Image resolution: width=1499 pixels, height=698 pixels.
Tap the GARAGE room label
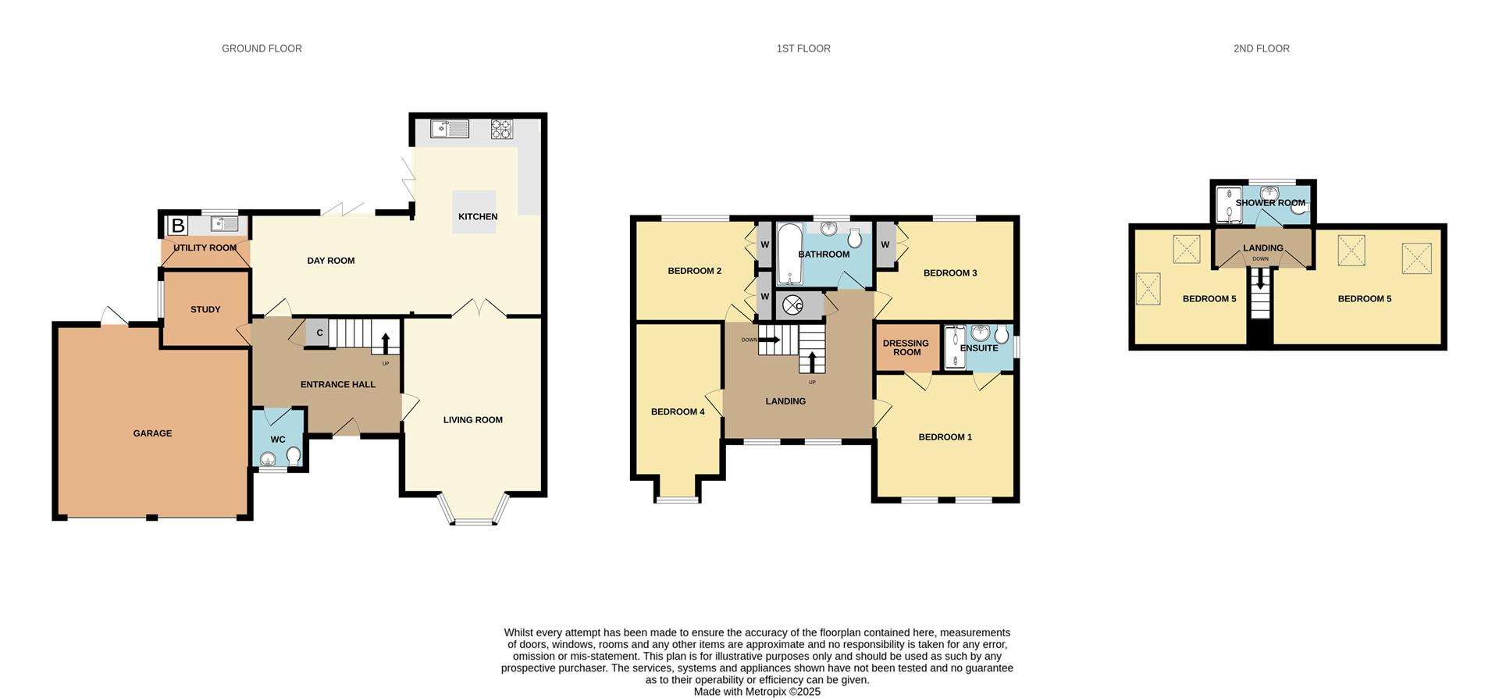(152, 433)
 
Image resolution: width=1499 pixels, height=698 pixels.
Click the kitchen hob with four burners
(501, 129)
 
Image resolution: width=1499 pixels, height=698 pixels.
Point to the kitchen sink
(450, 129)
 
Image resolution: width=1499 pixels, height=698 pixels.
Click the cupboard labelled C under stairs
(319, 333)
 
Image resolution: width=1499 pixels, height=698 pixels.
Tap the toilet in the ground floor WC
(294, 454)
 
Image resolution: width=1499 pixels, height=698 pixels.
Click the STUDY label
(205, 309)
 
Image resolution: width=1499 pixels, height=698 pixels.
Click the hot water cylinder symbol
(792, 305)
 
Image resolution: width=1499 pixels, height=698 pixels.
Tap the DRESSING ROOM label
(906, 347)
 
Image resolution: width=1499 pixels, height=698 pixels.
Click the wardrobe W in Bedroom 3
(885, 244)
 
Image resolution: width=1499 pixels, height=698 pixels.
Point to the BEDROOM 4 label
(678, 411)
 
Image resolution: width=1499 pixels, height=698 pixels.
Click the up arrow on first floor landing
(812, 362)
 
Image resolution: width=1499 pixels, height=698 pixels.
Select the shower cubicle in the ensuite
(954, 347)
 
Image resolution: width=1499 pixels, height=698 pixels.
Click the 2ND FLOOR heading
(1261, 48)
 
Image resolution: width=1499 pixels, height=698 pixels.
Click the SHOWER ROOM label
(1270, 203)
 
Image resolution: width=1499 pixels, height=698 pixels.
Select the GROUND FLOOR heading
(262, 48)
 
